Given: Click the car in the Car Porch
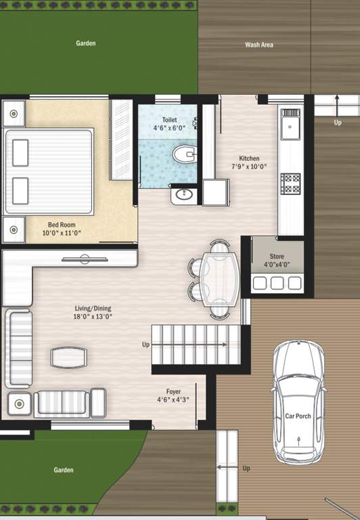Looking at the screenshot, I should coord(298,403).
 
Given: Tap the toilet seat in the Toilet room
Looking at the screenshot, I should coord(183,155).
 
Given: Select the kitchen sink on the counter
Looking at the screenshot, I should coord(291,125).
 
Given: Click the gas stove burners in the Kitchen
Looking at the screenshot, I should coord(291,183).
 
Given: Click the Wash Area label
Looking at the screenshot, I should coord(258,45).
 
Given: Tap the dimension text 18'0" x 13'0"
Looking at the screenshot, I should coord(93,316).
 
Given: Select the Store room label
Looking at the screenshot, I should coord(277,257).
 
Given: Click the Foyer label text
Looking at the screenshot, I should coord(174,391).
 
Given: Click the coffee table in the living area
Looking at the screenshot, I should coord(69,357).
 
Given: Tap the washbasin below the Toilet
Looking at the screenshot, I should coord(183,196).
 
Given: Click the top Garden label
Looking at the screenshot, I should coord(86,43).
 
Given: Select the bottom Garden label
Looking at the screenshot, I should coord(64,470).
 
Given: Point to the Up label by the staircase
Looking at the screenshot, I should coord(145,345).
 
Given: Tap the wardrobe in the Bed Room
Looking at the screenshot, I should coord(121,139).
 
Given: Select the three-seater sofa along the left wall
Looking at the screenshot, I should coord(18,349).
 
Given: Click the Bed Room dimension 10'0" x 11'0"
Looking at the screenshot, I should coord(62,232).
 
